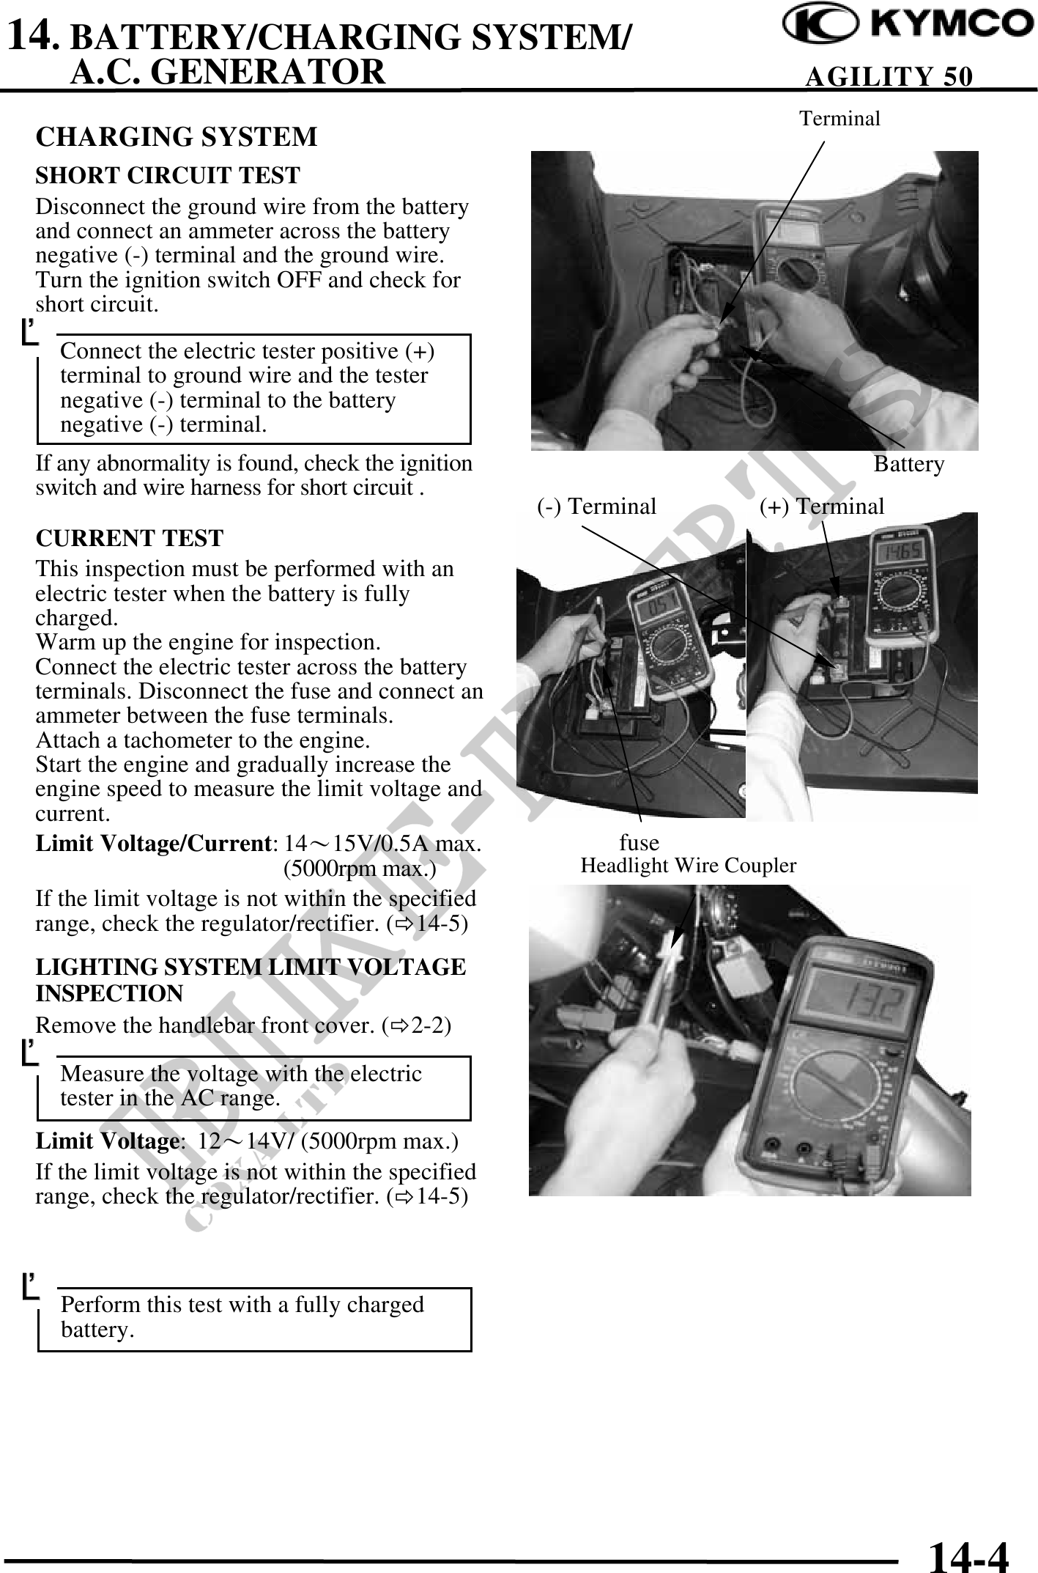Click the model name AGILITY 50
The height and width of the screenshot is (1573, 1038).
coord(889,76)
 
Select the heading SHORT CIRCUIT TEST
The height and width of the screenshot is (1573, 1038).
coord(168,176)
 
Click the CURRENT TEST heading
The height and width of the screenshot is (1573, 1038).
coord(129,538)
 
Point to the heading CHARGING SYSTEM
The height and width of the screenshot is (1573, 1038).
coord(177,137)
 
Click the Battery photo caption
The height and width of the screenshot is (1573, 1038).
coord(908,464)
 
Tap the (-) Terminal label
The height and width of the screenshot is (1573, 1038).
coord(596,506)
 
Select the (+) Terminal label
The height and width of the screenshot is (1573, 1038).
coord(821,506)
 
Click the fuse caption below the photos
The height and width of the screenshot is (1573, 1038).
coord(639,842)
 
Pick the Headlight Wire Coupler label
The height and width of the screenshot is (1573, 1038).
coord(688,866)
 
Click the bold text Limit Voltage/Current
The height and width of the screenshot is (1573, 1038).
coord(153,844)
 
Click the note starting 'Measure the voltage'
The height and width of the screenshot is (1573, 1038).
coord(253,1086)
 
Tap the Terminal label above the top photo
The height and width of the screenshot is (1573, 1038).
coord(839,119)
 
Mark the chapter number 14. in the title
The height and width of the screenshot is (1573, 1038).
coord(31,35)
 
